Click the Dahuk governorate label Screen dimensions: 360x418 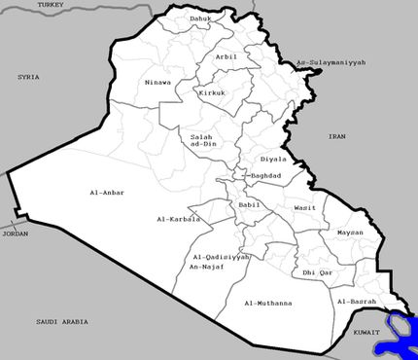click(199, 18)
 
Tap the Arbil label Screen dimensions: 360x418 click(226, 57)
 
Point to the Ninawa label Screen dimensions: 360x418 click(157, 82)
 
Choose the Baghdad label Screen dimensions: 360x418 click(264, 176)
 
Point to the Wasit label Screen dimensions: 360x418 click(303, 208)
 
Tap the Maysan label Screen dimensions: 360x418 click(350, 234)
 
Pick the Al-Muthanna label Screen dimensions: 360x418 click(266, 304)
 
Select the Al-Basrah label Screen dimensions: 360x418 click(356, 303)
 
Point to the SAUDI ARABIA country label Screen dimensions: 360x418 click(62, 321)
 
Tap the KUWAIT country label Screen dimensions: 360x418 click(367, 332)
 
